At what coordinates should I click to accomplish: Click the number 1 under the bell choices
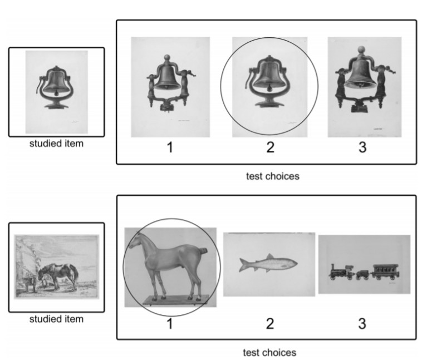click(170, 147)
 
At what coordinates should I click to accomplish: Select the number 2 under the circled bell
click(270, 147)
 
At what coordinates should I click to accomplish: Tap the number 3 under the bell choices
click(362, 147)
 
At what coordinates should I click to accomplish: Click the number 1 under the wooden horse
click(170, 324)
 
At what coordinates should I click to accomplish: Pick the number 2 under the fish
click(270, 324)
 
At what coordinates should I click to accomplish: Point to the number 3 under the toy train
click(362, 324)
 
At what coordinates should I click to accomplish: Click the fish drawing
click(268, 263)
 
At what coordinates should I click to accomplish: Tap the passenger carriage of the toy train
click(386, 272)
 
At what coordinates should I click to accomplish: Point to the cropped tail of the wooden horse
click(203, 251)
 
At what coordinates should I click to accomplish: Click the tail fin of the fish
click(243, 265)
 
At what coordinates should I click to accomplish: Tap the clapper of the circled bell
click(269, 88)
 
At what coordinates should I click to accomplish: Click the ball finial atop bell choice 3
click(361, 50)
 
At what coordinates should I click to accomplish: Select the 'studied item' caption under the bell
click(56, 144)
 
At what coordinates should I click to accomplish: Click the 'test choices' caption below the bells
click(273, 176)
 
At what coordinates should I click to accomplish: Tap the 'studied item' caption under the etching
click(56, 319)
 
